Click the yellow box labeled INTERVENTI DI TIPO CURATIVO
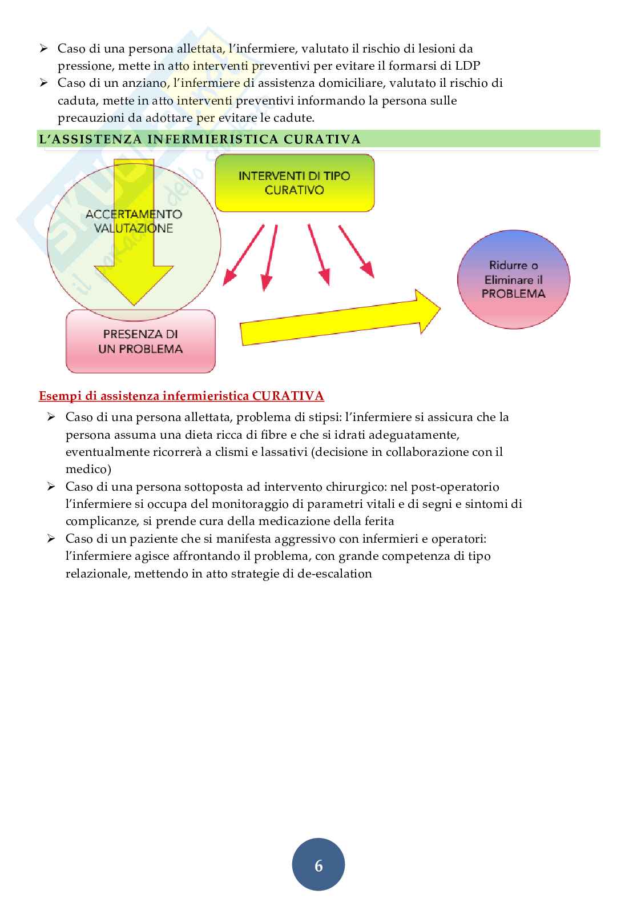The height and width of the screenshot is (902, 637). click(295, 183)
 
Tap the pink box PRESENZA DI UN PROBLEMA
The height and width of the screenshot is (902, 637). click(140, 341)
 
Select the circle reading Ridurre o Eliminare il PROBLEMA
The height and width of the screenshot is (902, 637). click(514, 279)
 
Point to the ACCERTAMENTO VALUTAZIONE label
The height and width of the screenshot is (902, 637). click(134, 221)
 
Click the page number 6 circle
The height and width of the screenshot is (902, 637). click(318, 865)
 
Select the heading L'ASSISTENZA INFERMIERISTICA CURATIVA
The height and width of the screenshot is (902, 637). click(199, 139)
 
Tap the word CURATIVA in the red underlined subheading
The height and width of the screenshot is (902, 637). click(288, 396)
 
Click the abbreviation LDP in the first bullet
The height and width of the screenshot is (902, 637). click(467, 66)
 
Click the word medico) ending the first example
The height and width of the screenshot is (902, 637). click(88, 470)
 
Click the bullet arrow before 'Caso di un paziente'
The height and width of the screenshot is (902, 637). click(51, 539)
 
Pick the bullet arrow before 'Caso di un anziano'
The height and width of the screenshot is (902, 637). click(43, 83)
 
